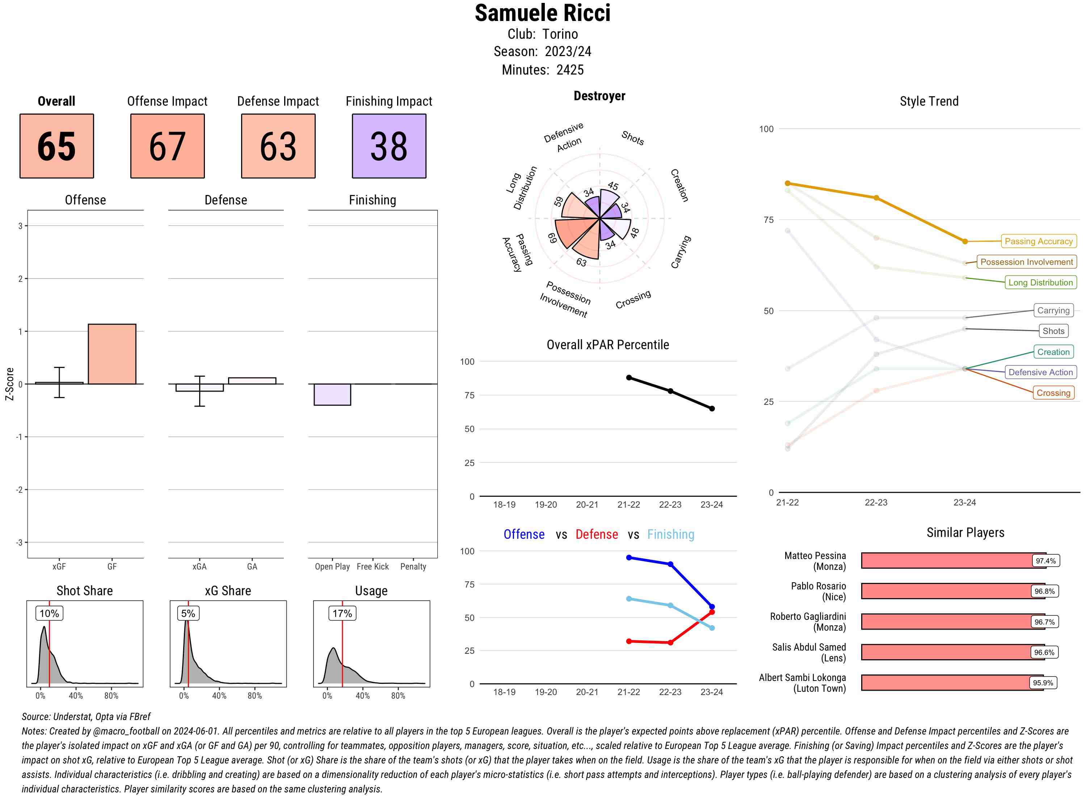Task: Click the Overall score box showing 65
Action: (x=56, y=146)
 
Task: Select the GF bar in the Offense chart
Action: (x=112, y=354)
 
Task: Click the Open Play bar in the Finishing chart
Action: (x=332, y=395)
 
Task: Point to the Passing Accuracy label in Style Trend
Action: (x=1038, y=241)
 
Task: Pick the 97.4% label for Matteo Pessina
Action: (x=1045, y=561)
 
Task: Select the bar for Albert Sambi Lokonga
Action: (x=952, y=683)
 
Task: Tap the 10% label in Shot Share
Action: (x=49, y=613)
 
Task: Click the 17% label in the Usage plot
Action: (x=342, y=613)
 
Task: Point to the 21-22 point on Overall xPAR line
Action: (x=628, y=378)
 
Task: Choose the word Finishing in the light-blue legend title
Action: (x=670, y=534)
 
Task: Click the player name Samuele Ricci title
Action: (x=542, y=13)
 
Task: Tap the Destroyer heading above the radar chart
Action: (x=599, y=96)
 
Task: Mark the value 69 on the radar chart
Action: (x=552, y=238)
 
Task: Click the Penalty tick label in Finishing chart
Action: (x=413, y=567)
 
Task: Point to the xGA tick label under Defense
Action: (x=199, y=567)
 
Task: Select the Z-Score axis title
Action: (x=9, y=384)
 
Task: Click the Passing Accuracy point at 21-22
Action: (x=787, y=183)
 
